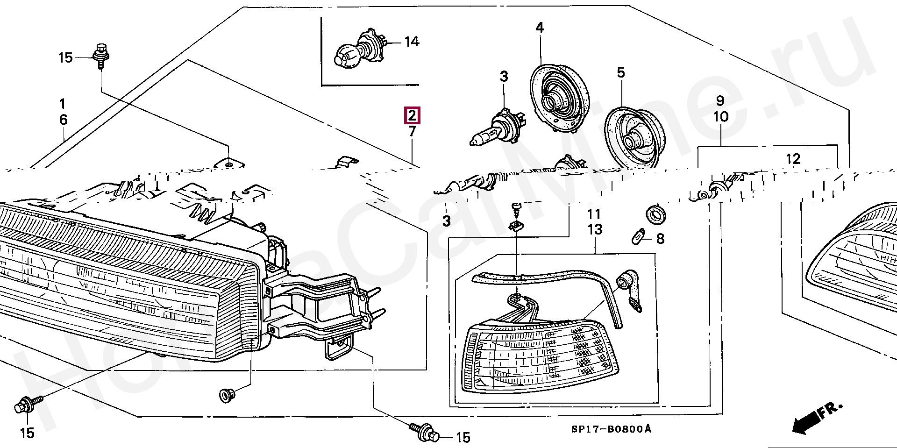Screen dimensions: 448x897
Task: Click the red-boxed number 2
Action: coord(412,115)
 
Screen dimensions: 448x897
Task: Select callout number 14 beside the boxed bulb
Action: coord(411,42)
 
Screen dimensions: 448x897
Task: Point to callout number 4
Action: coord(540,28)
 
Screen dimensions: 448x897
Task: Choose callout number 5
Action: coord(620,73)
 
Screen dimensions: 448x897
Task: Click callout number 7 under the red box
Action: coord(412,132)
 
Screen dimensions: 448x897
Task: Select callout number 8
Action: coord(660,239)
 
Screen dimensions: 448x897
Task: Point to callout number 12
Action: coord(793,159)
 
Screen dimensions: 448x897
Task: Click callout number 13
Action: coord(595,230)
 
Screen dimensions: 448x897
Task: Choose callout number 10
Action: coord(721,116)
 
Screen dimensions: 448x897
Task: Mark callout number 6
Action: coord(63,120)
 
